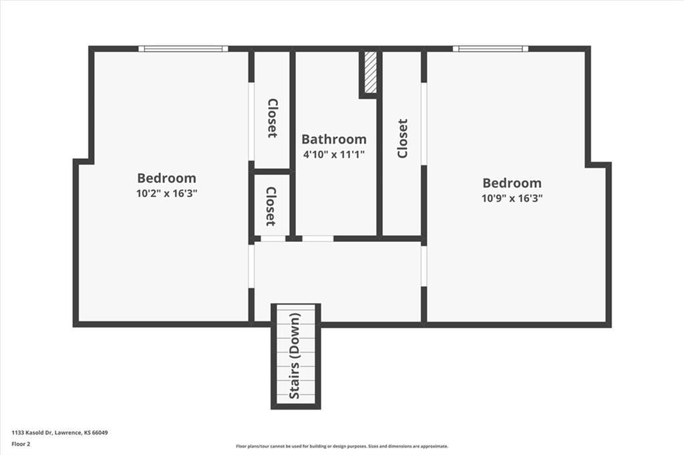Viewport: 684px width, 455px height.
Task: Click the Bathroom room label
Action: [x=334, y=139]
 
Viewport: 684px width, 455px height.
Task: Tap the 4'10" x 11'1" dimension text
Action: [x=334, y=154]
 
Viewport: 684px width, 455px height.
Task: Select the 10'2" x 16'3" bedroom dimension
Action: [x=166, y=193]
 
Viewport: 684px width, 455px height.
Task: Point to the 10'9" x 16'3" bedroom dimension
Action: [x=512, y=198]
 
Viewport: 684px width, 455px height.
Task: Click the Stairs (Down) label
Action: [x=295, y=356]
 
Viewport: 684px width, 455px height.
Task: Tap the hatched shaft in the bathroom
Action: [x=370, y=72]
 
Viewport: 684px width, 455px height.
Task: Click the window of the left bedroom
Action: [x=183, y=48]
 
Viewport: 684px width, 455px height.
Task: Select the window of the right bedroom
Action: [x=490, y=48]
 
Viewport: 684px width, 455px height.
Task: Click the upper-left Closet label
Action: [x=273, y=118]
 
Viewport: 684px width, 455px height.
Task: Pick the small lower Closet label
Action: [x=271, y=206]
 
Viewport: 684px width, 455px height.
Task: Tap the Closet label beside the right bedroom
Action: [x=402, y=138]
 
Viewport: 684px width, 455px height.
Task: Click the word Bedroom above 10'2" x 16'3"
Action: [x=166, y=178]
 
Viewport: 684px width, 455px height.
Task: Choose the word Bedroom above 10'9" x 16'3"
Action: [x=512, y=183]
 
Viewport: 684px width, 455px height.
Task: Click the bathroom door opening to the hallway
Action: [x=318, y=239]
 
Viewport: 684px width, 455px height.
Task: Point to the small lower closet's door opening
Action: [x=273, y=239]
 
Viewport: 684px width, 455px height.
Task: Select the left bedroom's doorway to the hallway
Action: [x=251, y=266]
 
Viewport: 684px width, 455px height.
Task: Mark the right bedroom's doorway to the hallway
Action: [x=423, y=267]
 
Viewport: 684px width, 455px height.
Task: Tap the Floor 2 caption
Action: [x=21, y=444]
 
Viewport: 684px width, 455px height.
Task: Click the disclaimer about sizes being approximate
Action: [x=342, y=446]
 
